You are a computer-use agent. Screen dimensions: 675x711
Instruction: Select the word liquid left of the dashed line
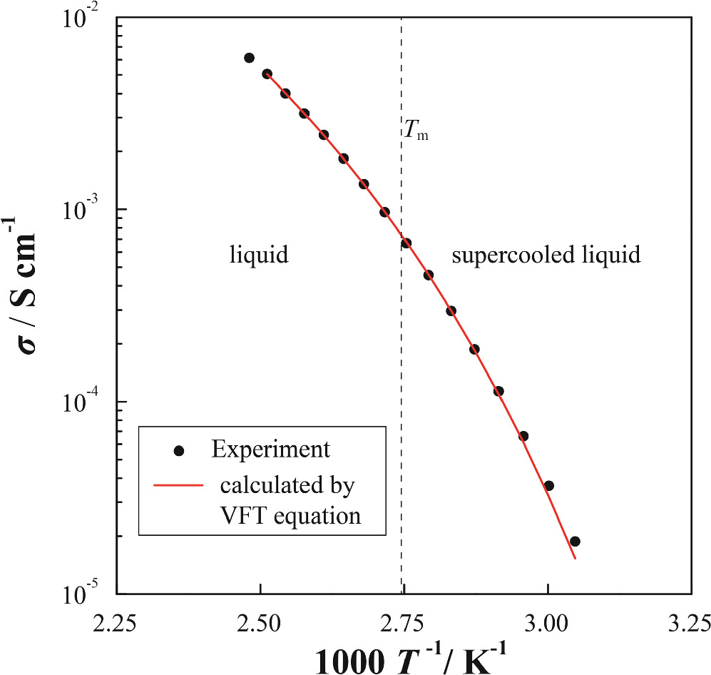(258, 255)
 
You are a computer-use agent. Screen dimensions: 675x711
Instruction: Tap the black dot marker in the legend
(179, 450)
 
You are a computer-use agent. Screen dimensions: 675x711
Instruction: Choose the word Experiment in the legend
(270, 450)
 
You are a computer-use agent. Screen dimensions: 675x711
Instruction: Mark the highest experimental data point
(249, 58)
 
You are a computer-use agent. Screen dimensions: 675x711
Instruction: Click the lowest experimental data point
(575, 542)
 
